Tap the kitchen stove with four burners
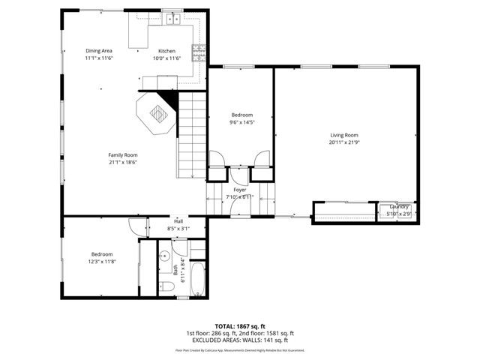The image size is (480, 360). tap(199, 52)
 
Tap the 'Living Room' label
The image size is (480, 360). tap(344, 135)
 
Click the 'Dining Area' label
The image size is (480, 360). tap(98, 50)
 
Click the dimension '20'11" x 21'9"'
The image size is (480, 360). tap(344, 142)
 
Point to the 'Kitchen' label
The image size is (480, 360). tap(166, 50)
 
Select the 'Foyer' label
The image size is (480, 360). tap(240, 190)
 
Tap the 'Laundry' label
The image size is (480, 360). tap(398, 206)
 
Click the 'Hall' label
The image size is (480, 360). tap(178, 221)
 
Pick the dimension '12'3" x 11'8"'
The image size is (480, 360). tap(101, 262)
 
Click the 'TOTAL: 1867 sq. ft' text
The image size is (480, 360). tap(239, 326)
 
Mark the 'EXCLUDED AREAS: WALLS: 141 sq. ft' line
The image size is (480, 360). tap(239, 340)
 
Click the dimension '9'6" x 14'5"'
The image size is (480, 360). tap(241, 121)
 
